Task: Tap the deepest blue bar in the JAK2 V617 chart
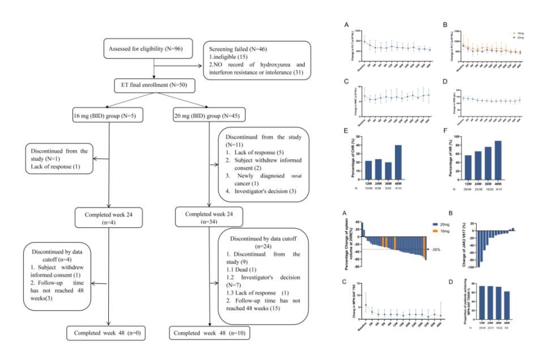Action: pyautogui.click(x=479, y=249)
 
